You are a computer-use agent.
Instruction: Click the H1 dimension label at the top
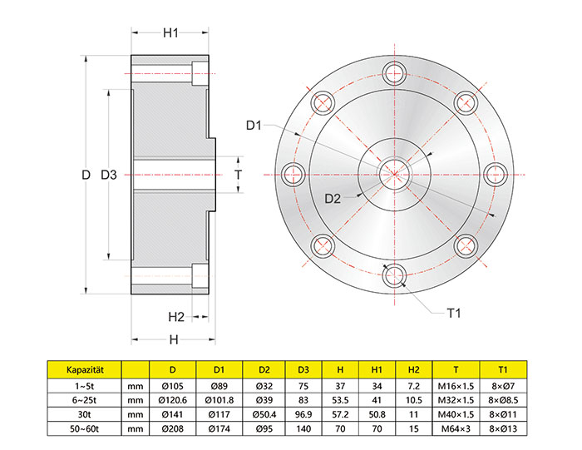[x=170, y=33]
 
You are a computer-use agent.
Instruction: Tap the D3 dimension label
[x=109, y=175]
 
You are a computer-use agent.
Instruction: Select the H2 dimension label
[x=176, y=317]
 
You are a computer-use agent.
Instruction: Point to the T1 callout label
[x=454, y=314]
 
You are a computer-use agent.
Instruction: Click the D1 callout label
[x=254, y=126]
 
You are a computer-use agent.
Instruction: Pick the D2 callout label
[x=333, y=199]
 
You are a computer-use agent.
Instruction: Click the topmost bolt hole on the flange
[x=395, y=73]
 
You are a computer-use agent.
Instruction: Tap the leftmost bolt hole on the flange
[x=293, y=175]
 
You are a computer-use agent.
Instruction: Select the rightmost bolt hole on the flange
[x=496, y=175]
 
